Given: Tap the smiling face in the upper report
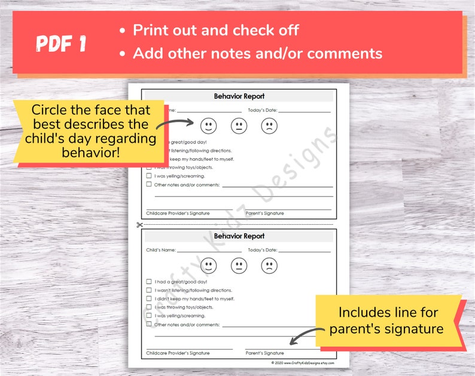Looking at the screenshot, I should click(x=208, y=126).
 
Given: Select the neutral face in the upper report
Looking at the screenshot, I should click(x=239, y=126).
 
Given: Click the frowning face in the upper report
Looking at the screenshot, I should click(x=269, y=126).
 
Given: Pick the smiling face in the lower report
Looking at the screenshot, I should click(x=208, y=265).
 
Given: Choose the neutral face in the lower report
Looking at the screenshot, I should click(x=239, y=265).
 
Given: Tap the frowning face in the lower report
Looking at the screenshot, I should click(x=269, y=265).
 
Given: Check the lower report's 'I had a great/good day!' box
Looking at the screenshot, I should click(x=149, y=282).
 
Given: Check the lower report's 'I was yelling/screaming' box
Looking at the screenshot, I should click(x=149, y=316).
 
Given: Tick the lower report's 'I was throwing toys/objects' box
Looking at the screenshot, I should click(x=149, y=307).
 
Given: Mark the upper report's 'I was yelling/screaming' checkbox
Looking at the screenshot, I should click(x=149, y=176).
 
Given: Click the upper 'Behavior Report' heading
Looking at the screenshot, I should click(x=239, y=96).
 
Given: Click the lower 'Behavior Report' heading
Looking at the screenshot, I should click(x=239, y=236).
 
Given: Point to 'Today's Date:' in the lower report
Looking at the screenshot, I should click(x=263, y=250).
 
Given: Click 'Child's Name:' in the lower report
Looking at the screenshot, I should click(x=161, y=250).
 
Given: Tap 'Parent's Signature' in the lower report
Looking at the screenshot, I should click(x=264, y=353).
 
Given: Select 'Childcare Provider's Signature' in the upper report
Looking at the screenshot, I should click(x=178, y=213).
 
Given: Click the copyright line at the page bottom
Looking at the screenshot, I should click(x=302, y=363).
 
